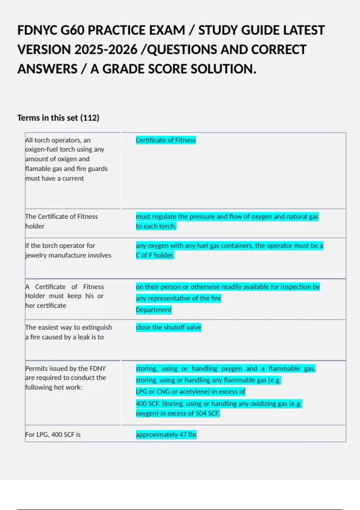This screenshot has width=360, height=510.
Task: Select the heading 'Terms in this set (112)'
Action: click(x=58, y=118)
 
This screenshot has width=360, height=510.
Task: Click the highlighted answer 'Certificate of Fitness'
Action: click(x=166, y=140)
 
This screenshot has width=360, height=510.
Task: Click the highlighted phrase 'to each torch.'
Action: click(x=156, y=226)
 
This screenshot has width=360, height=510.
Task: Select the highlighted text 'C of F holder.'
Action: click(x=155, y=255)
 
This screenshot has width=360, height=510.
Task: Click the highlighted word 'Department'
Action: click(x=154, y=310)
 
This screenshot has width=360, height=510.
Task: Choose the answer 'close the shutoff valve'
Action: click(x=168, y=327)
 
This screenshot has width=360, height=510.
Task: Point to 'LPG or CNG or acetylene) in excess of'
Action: click(x=190, y=391)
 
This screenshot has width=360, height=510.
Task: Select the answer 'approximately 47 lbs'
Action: click(x=166, y=434)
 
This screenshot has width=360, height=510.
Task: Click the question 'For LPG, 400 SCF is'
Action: click(x=53, y=434)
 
